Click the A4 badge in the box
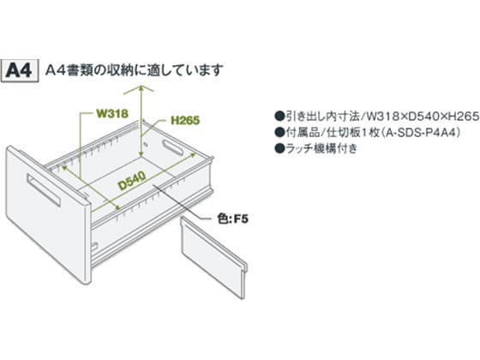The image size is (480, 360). (x=20, y=70)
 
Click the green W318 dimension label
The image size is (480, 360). (x=112, y=113)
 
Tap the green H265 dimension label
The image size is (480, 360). (x=185, y=120)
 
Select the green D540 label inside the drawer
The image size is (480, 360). (x=132, y=181)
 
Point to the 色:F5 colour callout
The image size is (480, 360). (x=232, y=219)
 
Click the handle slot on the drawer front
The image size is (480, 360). (x=44, y=190)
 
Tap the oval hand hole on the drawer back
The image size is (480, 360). (x=173, y=147)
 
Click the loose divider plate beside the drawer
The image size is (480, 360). (x=213, y=256)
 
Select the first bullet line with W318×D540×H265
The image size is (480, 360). (x=377, y=117)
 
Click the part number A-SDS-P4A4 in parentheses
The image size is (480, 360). (x=422, y=133)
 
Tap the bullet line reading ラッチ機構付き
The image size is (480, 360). (x=316, y=149)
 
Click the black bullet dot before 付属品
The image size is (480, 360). (x=279, y=133)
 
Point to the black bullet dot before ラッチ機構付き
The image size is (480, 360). (x=279, y=149)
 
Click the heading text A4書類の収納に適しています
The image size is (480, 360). (x=134, y=70)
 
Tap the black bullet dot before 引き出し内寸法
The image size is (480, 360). (x=279, y=117)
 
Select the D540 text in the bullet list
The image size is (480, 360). (x=423, y=117)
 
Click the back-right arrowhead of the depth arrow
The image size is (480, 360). (x=194, y=155)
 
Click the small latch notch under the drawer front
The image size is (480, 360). (x=94, y=246)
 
